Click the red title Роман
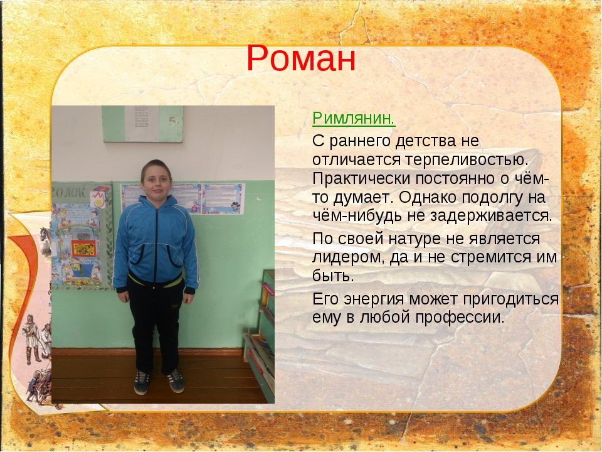pos(301,58)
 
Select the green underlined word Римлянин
pos(354,119)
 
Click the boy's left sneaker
pos(175,381)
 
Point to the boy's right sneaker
pos(142,382)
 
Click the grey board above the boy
pos(142,124)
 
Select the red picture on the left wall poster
pos(83,249)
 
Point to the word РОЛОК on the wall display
pos(68,192)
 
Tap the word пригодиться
pos(510,299)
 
